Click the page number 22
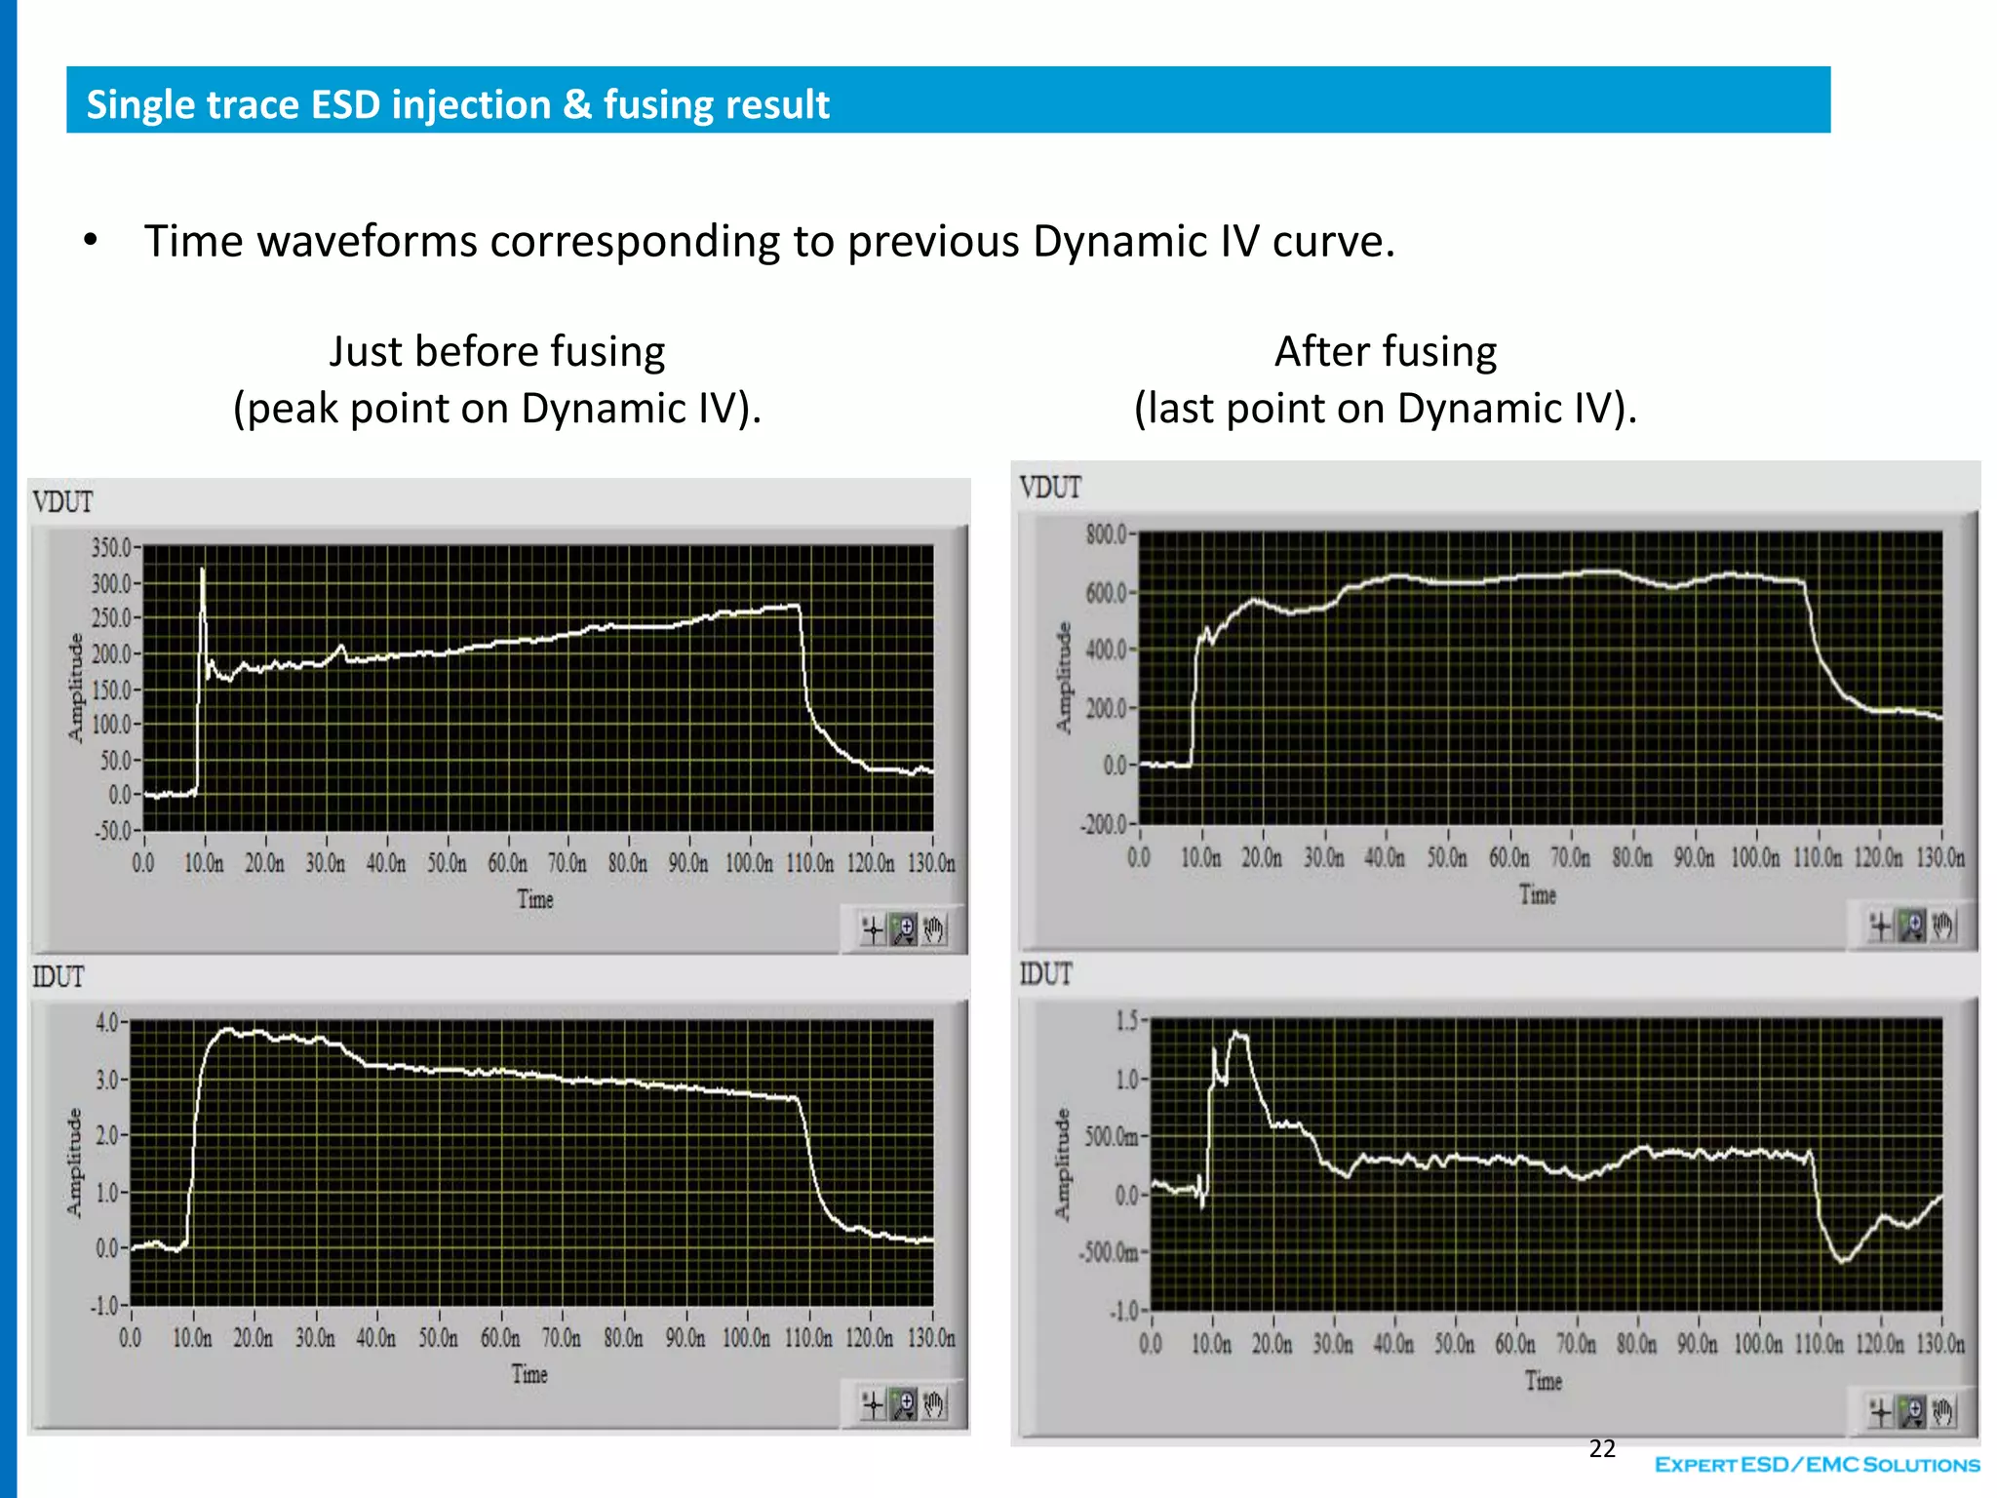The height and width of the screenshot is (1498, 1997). point(1602,1448)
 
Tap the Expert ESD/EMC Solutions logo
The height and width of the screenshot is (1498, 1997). point(1817,1464)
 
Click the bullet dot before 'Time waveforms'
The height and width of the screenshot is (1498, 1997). point(91,241)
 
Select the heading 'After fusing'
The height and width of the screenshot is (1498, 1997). point(1385,351)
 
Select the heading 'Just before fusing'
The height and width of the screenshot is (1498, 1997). point(496,351)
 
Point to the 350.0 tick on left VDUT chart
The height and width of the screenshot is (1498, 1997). point(111,547)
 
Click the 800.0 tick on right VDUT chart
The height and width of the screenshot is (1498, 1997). point(1106,533)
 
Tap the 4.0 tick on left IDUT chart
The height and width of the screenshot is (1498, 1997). point(107,1022)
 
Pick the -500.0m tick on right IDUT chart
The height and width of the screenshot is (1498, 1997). point(1110,1252)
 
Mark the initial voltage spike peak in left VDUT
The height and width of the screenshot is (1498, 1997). point(203,569)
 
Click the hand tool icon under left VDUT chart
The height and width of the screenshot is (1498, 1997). point(934,930)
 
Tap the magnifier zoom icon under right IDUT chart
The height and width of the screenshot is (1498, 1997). point(1912,1411)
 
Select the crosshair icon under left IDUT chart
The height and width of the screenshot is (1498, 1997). point(873,1405)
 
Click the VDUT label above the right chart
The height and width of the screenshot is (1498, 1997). point(1050,487)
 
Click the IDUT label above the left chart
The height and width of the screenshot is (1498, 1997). point(59,976)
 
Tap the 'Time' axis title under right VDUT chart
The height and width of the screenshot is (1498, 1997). point(1537,894)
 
